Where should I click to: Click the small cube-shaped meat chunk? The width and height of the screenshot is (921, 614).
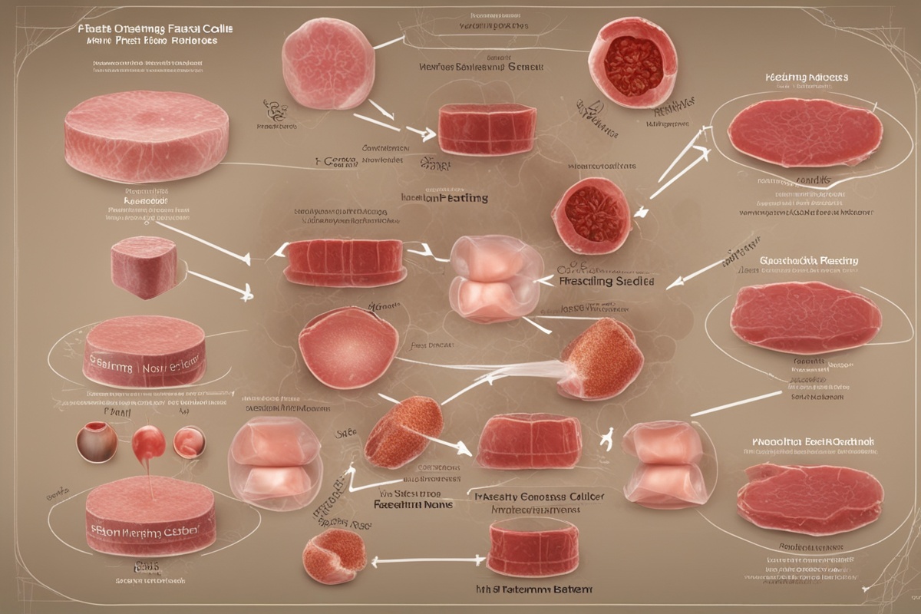(x=144, y=267)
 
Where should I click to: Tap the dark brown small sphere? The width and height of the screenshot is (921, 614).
(x=97, y=441)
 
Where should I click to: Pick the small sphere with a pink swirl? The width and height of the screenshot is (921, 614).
(x=189, y=443)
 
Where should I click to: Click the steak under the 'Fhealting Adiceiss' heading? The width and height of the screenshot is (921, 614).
(x=804, y=133)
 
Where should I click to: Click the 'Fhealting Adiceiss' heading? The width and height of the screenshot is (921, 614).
(x=806, y=78)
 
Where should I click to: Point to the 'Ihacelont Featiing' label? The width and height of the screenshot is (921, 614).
(x=444, y=198)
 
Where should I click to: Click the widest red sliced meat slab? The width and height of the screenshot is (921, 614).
(x=343, y=262)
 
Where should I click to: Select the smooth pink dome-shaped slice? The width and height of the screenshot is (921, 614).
(x=348, y=347)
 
